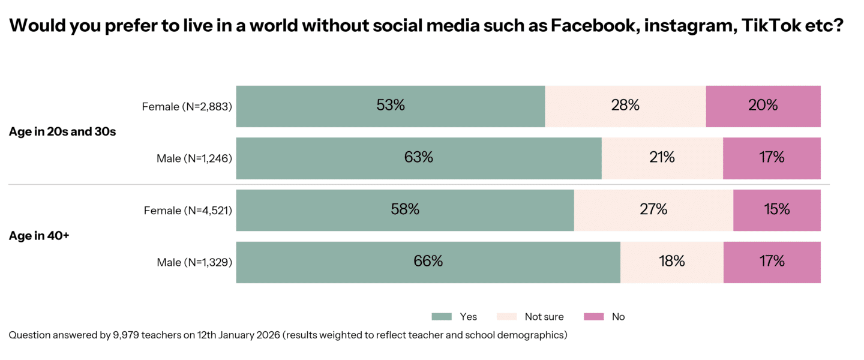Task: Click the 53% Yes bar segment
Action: (391, 106)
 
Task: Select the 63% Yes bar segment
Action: (419, 158)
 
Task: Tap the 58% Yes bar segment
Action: (405, 210)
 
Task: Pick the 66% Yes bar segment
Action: (428, 262)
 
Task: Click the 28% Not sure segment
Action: (625, 106)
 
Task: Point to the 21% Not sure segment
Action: (662, 158)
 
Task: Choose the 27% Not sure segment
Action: (653, 210)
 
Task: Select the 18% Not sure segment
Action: (671, 262)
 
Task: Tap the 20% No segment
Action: (763, 106)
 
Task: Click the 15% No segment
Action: (776, 210)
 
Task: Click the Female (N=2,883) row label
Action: (187, 107)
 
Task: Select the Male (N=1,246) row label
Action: (194, 158)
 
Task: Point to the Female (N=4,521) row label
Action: (188, 211)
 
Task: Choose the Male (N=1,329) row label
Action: (194, 262)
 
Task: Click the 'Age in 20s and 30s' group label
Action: (62, 132)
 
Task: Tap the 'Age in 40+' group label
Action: (39, 236)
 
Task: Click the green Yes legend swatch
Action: (441, 317)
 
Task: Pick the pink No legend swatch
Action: (593, 317)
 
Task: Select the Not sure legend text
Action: (544, 317)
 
